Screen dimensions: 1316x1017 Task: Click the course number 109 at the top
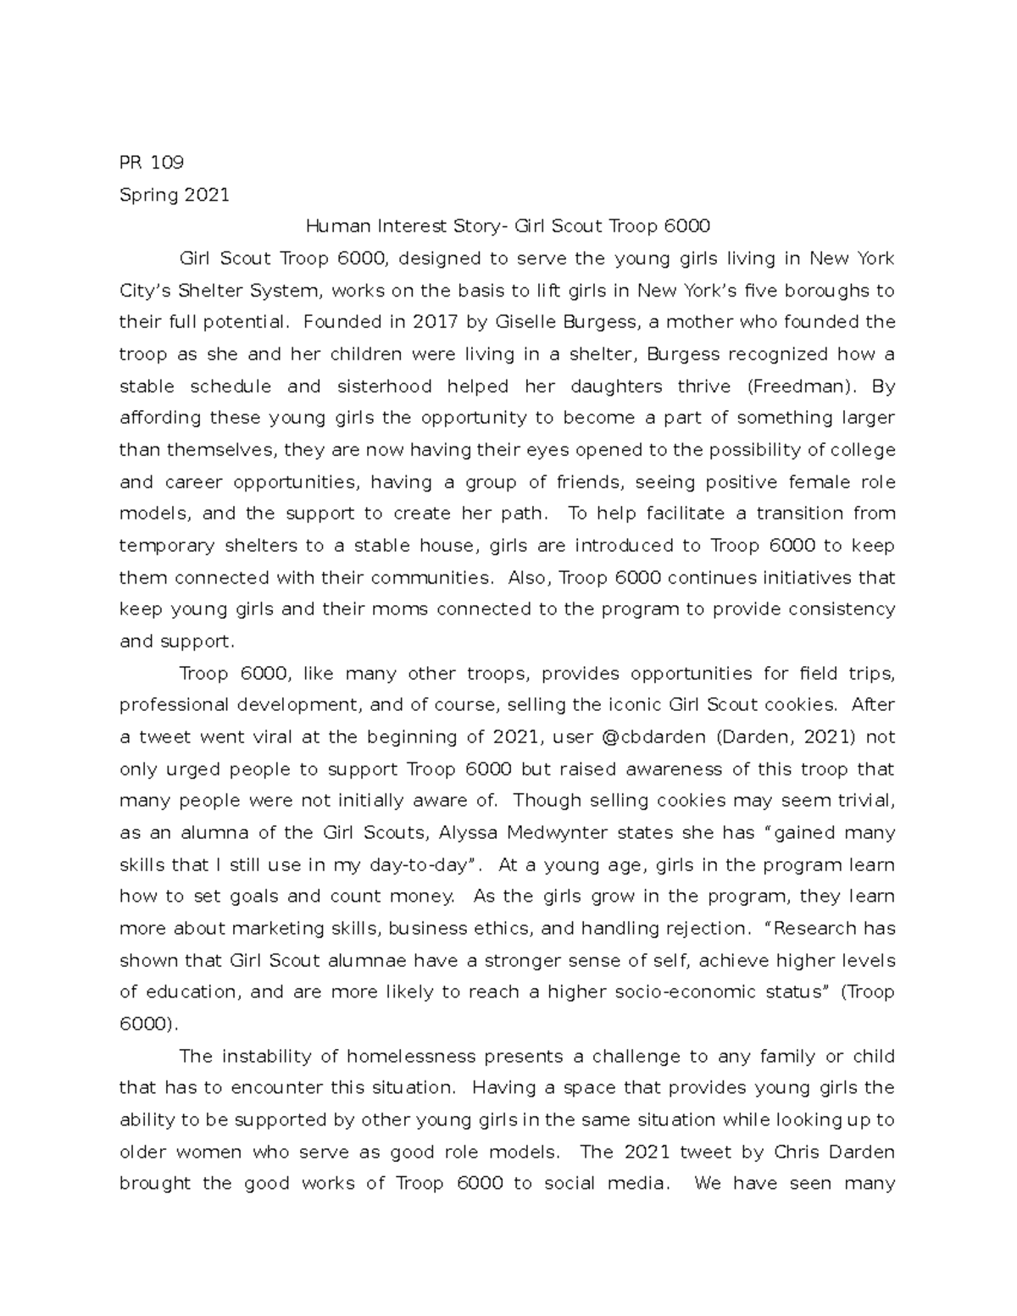(x=167, y=162)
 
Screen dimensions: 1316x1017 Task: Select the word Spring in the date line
(x=149, y=195)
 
